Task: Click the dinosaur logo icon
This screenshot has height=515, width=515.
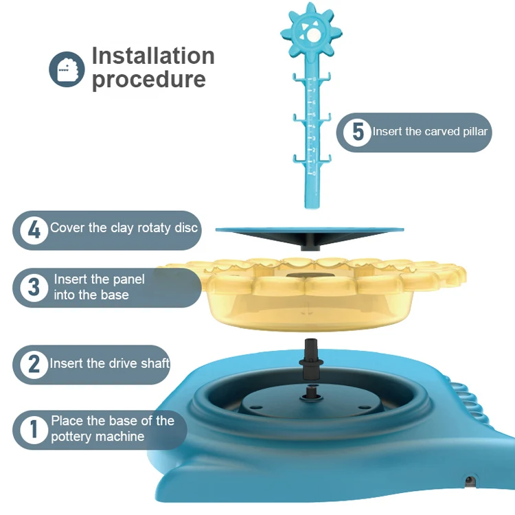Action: (x=67, y=69)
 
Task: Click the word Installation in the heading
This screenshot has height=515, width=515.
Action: (x=153, y=56)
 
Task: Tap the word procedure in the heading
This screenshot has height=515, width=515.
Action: (x=149, y=80)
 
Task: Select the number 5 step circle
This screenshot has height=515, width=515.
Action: (x=357, y=132)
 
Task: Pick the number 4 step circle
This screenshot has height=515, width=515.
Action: (x=34, y=230)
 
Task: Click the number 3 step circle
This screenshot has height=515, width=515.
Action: (x=34, y=288)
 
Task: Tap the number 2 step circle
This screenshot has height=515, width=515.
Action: (x=34, y=364)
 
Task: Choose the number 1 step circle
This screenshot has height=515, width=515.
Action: (x=34, y=429)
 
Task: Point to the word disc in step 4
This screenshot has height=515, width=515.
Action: (x=186, y=227)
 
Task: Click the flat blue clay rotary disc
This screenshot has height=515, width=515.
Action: (x=310, y=236)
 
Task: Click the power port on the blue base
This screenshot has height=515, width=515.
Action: (x=469, y=481)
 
